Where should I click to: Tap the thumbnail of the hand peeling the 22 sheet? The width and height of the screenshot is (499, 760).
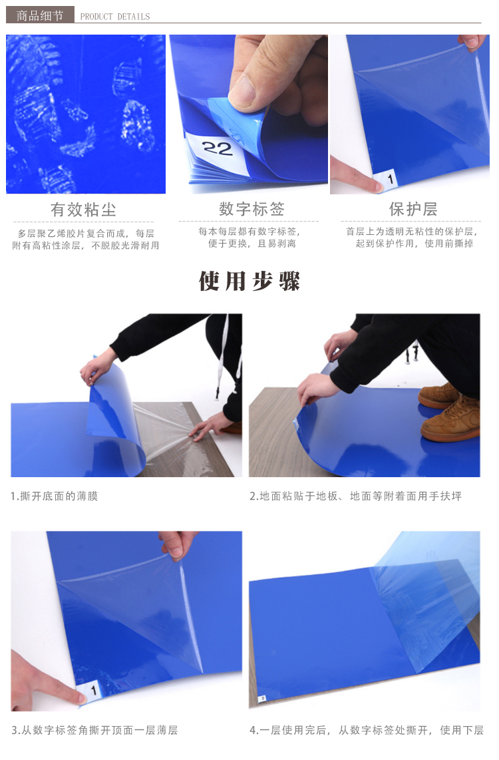tap(249, 114)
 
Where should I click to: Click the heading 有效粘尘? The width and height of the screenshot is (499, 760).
tap(83, 210)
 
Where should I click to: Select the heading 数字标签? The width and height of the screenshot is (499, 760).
tap(251, 209)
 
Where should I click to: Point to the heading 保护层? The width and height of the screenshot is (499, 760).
tap(413, 209)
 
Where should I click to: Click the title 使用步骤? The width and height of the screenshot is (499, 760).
tap(249, 281)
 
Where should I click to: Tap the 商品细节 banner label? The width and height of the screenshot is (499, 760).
tap(40, 15)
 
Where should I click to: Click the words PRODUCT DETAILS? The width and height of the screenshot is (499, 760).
tap(115, 17)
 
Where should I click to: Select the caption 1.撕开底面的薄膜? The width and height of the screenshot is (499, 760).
tap(55, 496)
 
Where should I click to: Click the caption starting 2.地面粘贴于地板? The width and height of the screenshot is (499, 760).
tap(355, 496)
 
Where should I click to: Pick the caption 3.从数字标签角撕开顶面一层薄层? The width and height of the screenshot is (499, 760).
tap(94, 730)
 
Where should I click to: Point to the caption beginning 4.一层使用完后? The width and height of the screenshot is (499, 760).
tap(366, 730)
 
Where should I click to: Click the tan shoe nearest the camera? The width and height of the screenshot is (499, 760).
tap(450, 420)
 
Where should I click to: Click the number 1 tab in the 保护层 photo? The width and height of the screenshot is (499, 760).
tap(389, 179)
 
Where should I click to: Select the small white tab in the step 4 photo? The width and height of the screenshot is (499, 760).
tap(262, 699)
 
